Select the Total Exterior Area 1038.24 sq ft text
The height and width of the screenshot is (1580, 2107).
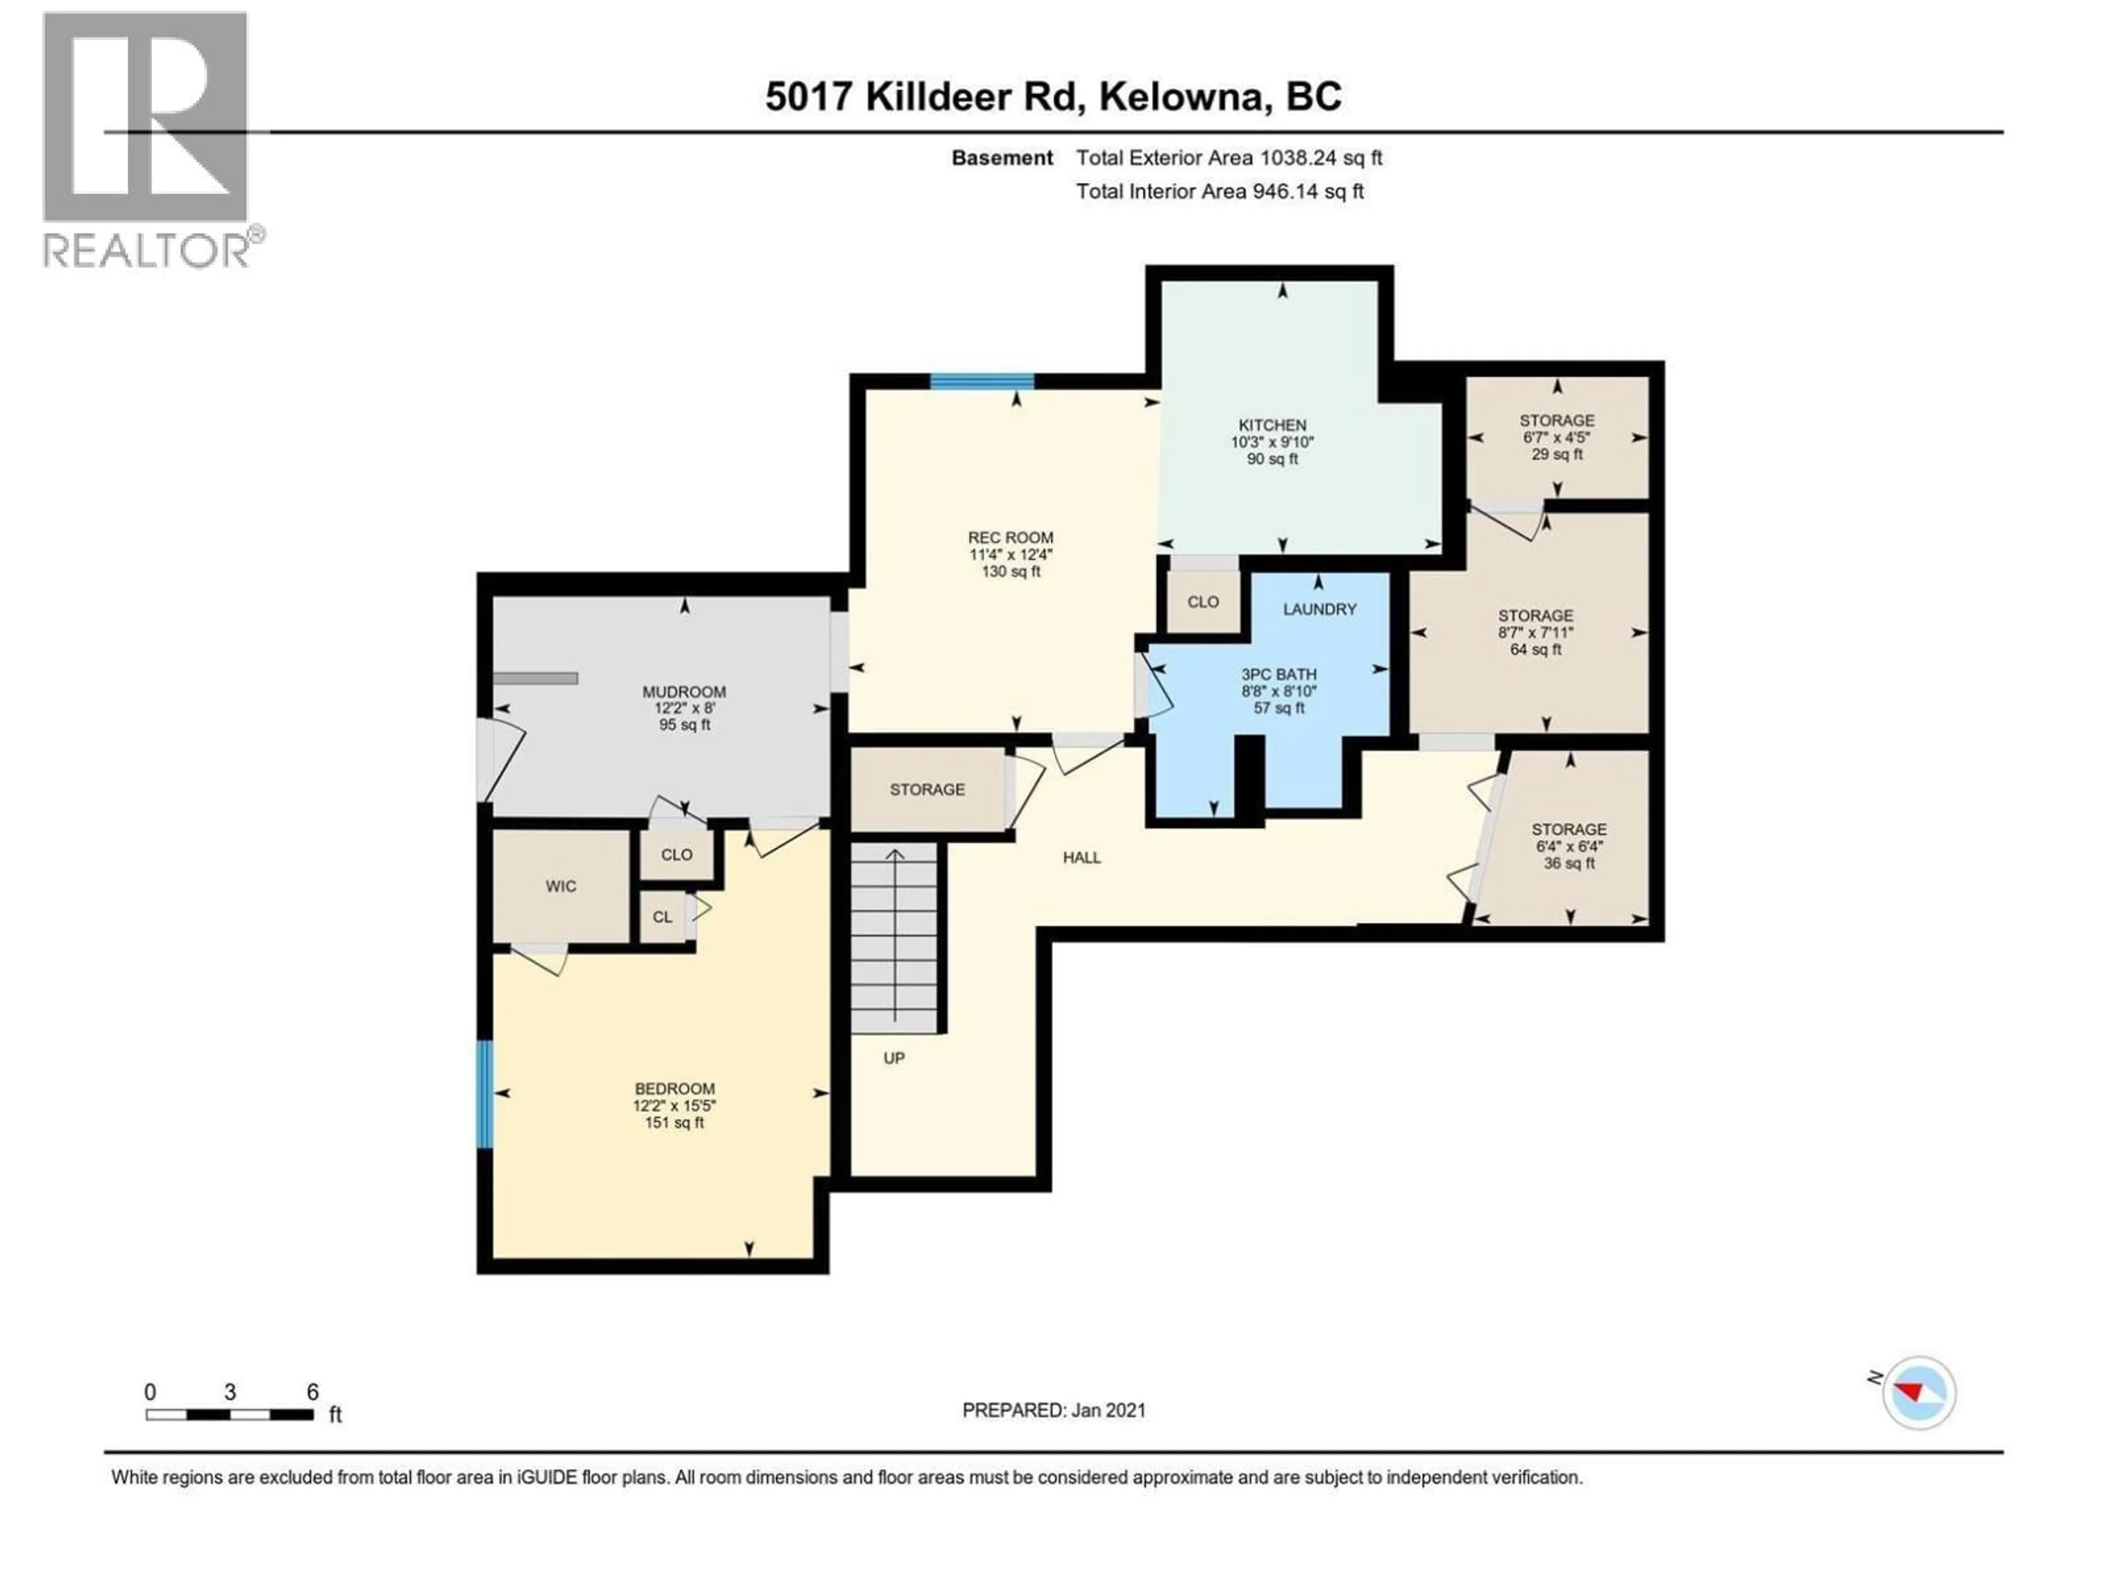point(1229,158)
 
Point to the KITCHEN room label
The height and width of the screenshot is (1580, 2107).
point(1272,441)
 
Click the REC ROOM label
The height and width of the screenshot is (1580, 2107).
point(1011,554)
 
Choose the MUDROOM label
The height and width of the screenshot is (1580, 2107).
point(684,708)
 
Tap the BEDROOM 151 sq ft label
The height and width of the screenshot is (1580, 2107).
point(674,1105)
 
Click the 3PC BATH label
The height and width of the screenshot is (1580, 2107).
point(1277,691)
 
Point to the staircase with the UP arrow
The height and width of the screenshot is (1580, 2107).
point(894,938)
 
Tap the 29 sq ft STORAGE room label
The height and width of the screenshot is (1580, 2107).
point(1557,437)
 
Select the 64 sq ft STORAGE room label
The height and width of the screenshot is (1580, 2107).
point(1535,633)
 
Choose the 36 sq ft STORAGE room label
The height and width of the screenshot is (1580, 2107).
point(1568,846)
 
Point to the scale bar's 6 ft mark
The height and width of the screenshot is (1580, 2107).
point(312,1415)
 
